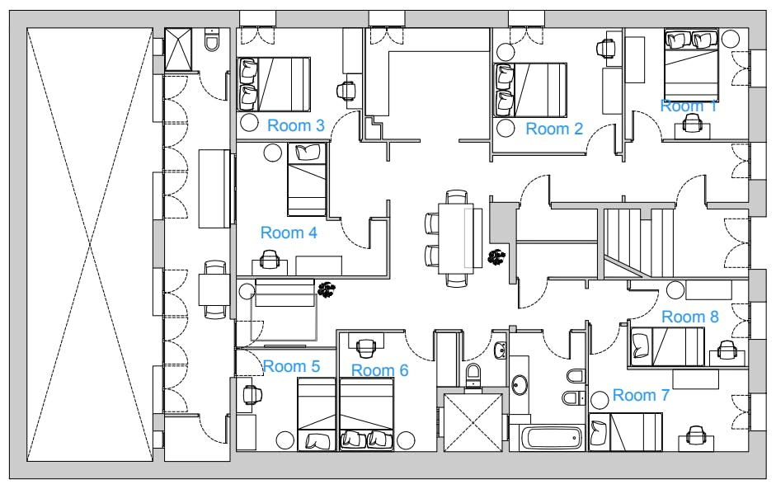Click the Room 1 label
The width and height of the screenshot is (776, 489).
tap(689, 106)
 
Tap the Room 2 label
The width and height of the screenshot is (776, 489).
tap(554, 129)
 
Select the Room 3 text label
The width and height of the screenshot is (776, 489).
tap(296, 125)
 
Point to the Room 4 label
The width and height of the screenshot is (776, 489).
tap(289, 233)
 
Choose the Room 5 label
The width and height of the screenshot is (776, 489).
tap(291, 366)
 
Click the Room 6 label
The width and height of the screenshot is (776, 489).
tap(379, 370)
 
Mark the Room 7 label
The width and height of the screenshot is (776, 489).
tap(641, 395)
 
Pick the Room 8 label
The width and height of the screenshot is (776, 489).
tap(690, 317)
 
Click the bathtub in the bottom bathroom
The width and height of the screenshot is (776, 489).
tap(553, 438)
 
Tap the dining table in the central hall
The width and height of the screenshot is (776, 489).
tap(456, 238)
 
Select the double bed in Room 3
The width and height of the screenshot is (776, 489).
tap(274, 84)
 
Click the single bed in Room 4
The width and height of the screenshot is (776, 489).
tap(307, 180)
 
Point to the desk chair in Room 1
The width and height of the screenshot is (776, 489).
tap(692, 123)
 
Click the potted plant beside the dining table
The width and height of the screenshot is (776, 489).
tap(497, 257)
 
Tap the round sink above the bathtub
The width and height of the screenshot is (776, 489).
tap(520, 384)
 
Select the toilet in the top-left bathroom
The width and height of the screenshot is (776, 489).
tap(211, 41)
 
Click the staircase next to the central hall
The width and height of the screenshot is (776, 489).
tap(638, 243)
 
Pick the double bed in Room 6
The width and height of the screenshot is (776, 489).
tap(367, 414)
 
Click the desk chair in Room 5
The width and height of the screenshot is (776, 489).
tap(252, 394)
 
